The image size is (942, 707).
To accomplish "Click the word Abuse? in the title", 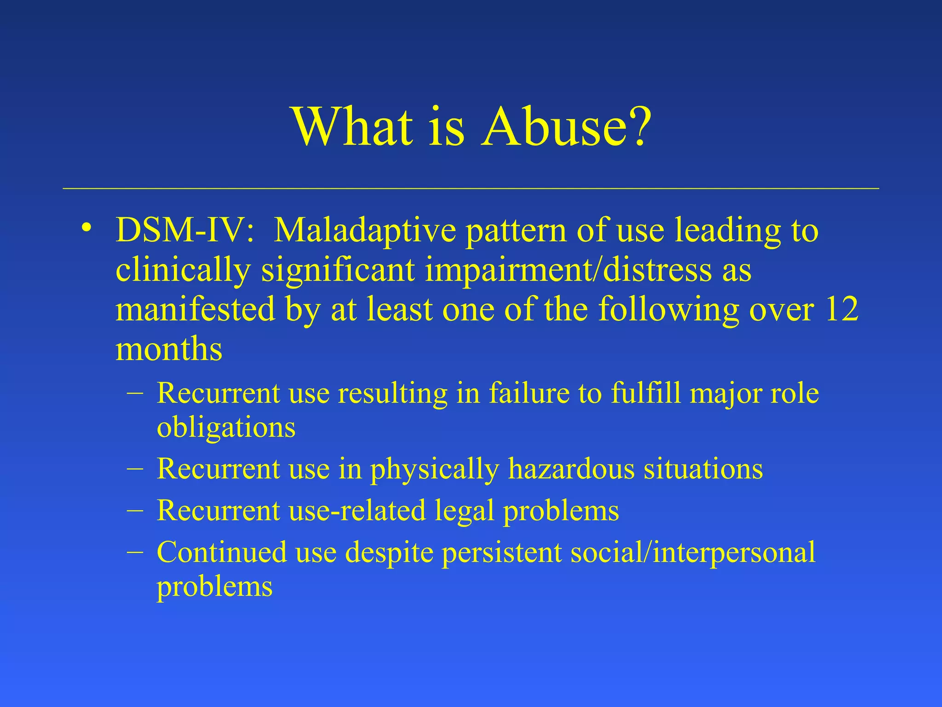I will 566,127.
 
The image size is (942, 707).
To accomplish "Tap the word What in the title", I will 352,127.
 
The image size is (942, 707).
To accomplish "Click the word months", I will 169,349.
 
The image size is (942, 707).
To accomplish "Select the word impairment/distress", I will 569,271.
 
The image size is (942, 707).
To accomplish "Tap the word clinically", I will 183,271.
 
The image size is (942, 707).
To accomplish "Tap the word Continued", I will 221,552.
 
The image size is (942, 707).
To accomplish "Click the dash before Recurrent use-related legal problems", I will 134,510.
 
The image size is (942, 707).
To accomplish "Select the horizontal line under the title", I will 471,189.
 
